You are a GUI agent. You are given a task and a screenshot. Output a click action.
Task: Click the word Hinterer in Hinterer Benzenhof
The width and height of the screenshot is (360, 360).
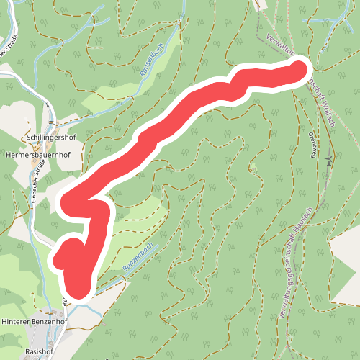pos(18,322)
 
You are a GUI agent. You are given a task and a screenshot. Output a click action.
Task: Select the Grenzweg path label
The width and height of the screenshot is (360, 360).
pos(314,143)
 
